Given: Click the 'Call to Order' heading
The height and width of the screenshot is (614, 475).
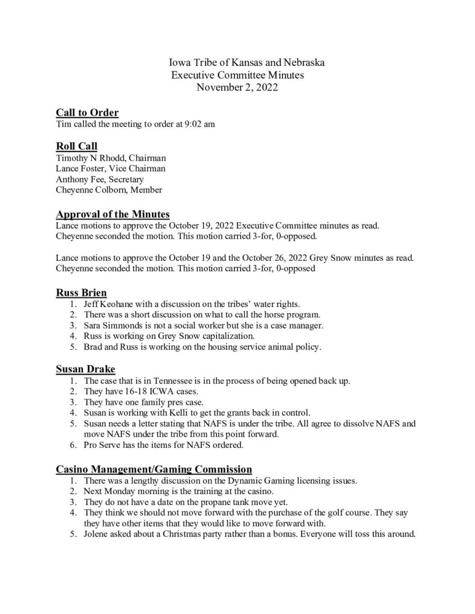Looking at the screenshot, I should (87, 113).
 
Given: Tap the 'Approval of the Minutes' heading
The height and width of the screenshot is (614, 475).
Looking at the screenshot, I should (112, 214).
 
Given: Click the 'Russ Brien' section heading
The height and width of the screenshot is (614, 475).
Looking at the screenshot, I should (82, 293).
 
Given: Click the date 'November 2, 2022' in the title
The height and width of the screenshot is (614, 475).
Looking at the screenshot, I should (237, 88).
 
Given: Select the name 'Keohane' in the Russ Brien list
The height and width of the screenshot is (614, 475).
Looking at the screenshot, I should (118, 305).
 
